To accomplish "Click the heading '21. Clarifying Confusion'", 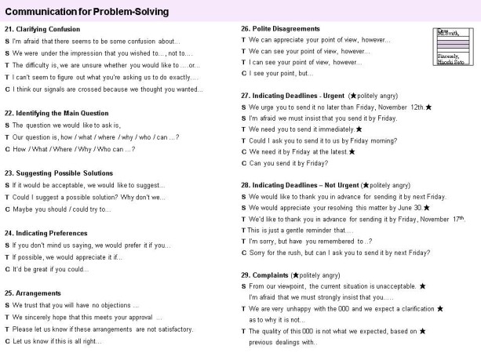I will point(48,29).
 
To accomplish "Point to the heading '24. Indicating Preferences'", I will point(53,233).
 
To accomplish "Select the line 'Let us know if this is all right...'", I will point(62,340).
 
